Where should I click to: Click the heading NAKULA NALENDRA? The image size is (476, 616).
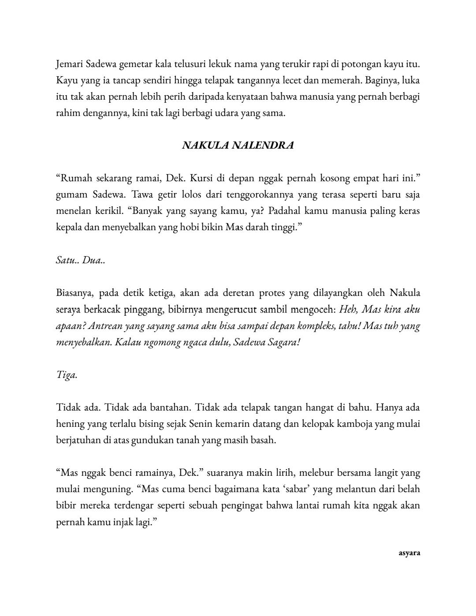click(238, 146)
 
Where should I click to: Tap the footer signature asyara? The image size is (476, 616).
click(409, 553)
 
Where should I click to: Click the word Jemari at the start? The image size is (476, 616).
click(69, 64)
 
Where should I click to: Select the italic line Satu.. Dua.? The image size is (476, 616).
click(80, 260)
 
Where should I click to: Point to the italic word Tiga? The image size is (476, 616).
click(67, 375)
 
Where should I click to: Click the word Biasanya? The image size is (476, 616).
click(74, 293)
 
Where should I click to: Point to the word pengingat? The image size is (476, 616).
click(243, 505)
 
